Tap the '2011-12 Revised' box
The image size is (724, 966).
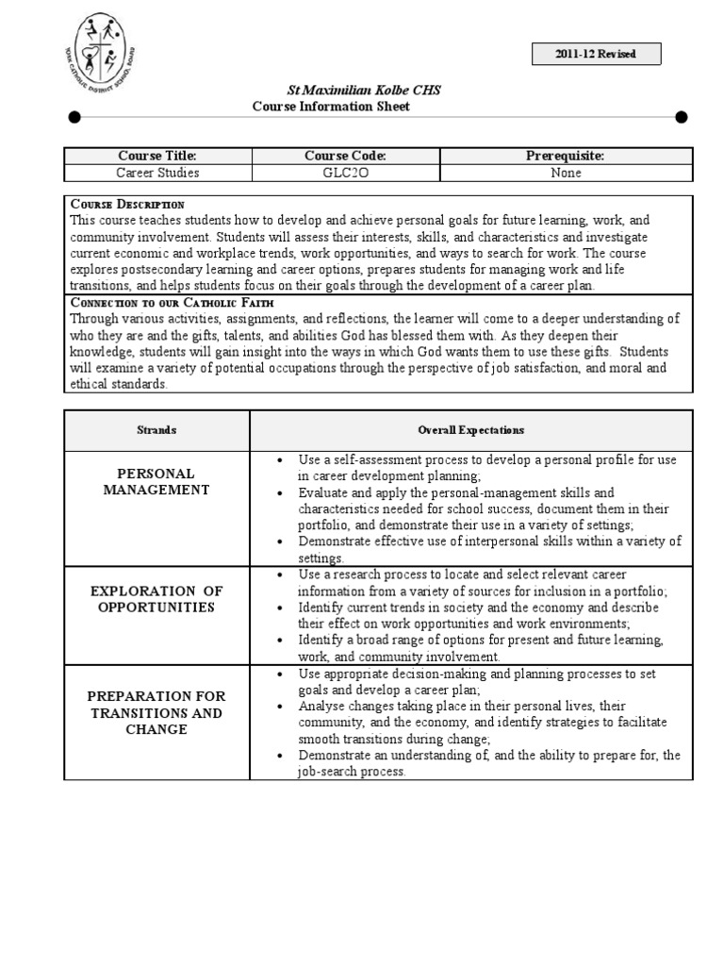[596, 54]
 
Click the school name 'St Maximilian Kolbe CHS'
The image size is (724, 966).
[363, 91]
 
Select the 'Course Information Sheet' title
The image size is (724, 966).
[331, 107]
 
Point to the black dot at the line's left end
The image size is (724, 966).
[74, 117]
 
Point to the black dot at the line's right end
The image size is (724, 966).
[682, 117]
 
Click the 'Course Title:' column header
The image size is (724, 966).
[157, 156]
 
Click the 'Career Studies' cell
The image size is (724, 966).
[157, 173]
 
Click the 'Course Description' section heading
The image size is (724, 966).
[127, 204]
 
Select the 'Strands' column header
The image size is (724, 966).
[156, 430]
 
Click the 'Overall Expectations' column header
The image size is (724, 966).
[470, 430]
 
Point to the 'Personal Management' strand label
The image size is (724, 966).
[156, 481]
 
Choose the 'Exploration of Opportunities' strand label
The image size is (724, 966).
[156, 599]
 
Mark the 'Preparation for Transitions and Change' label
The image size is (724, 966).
[156, 712]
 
